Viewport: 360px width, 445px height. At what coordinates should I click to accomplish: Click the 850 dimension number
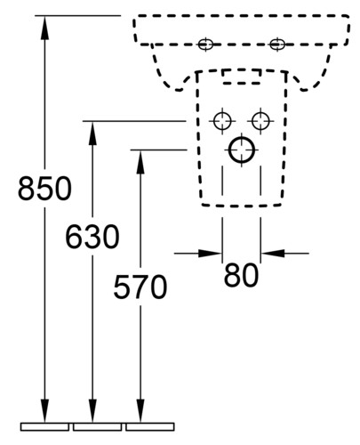pos(44,189)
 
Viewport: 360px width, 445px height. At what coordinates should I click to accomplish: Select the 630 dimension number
pos(92,237)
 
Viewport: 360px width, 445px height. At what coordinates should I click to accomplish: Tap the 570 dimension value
pos(140,287)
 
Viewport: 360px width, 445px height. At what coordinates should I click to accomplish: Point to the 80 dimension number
pos(241,275)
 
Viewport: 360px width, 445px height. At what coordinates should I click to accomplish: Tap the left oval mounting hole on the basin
pos(205,44)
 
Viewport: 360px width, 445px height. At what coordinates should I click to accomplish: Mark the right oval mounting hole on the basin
pos(277,44)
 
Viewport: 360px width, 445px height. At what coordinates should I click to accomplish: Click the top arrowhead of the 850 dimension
pos(44,28)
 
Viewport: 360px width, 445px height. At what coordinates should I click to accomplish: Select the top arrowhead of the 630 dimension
pos(92,133)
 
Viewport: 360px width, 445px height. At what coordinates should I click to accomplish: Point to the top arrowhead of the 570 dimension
pos(140,162)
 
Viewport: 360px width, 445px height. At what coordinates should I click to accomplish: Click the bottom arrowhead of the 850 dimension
pos(44,410)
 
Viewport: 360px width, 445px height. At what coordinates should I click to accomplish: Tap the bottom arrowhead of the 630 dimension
pos(92,410)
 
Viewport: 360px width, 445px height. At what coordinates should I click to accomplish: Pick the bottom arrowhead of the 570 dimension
pos(140,410)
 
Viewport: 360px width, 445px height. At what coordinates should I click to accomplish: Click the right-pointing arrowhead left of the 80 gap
pos(210,254)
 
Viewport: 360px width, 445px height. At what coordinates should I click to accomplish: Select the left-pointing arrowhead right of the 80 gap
pos(273,254)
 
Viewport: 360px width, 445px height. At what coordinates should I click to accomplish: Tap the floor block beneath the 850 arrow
pos(44,426)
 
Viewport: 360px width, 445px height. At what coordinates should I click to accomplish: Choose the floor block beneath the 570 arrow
pos(150,426)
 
